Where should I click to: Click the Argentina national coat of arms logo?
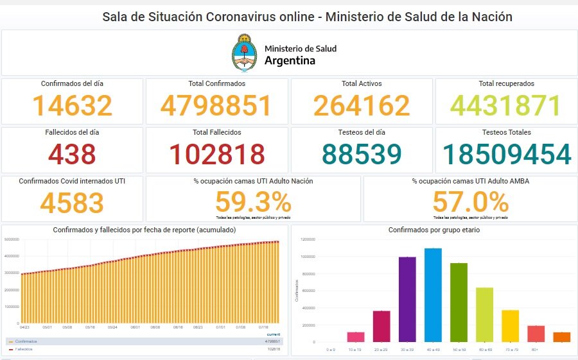click(244, 53)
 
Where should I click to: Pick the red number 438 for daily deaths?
click(72, 155)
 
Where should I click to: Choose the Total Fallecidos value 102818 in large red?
click(216, 155)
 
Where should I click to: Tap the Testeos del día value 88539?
click(362, 155)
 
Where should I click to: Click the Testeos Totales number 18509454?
click(506, 155)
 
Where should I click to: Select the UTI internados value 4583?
click(72, 203)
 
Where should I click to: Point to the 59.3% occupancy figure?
click(253, 202)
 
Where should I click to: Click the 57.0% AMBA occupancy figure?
click(470, 202)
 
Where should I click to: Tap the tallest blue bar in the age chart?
click(433, 295)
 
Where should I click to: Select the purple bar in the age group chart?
click(407, 299)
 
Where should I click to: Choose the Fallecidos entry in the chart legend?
click(23, 349)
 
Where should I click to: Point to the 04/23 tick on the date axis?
click(24, 327)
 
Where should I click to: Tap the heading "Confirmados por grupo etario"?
click(433, 230)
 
